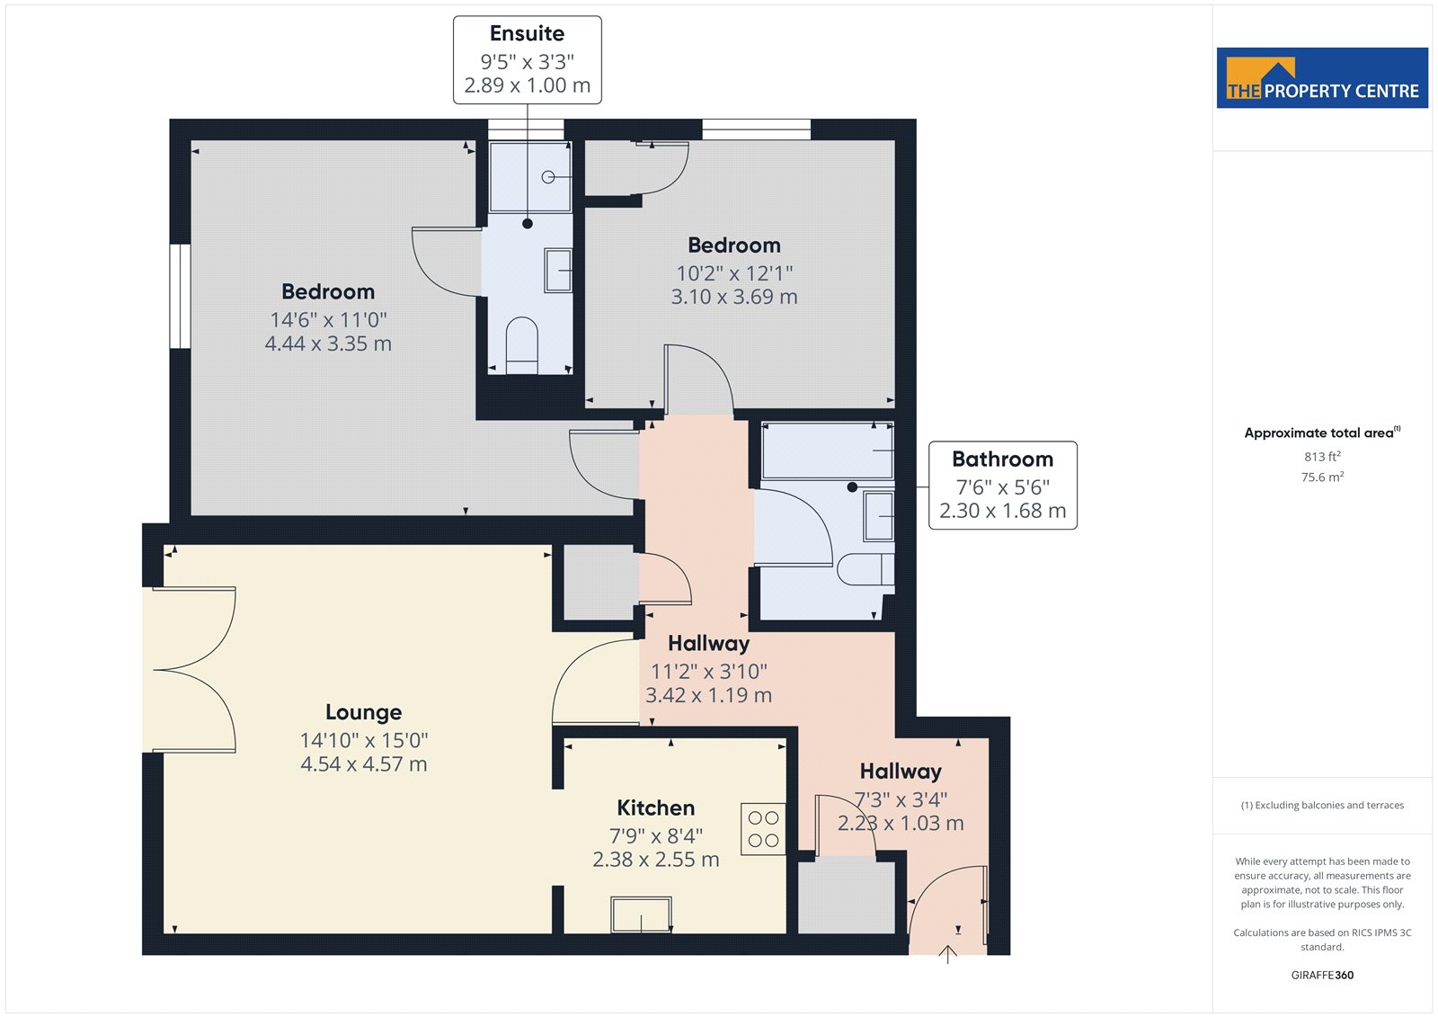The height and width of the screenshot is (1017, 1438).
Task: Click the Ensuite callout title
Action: [x=527, y=33]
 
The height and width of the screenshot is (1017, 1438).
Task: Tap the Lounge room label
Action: [x=363, y=712]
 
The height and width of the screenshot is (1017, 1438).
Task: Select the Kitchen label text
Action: [x=655, y=807]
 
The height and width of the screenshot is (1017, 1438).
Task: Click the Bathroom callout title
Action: [x=1003, y=459]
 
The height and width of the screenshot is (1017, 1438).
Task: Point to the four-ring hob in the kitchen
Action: [x=763, y=829]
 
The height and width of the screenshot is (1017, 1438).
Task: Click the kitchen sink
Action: [x=642, y=914]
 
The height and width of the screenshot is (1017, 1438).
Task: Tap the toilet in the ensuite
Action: [x=522, y=345]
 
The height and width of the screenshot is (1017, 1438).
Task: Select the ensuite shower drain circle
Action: [x=547, y=176]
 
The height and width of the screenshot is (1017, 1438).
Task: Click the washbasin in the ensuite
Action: [x=558, y=271]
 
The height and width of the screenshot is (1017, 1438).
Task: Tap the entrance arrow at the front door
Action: [x=947, y=953]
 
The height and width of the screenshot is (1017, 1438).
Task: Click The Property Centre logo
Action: [x=1322, y=77]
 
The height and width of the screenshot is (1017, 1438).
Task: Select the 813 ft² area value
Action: [x=1322, y=456]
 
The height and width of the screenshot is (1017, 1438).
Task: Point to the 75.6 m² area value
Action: [x=1322, y=477]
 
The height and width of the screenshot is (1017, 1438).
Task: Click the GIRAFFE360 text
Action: [x=1322, y=975]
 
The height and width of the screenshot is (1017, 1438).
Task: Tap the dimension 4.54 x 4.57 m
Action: [x=363, y=764]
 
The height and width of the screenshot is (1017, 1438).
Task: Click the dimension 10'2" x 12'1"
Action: [x=734, y=273]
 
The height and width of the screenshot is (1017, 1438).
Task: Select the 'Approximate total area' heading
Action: [x=1322, y=433]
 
